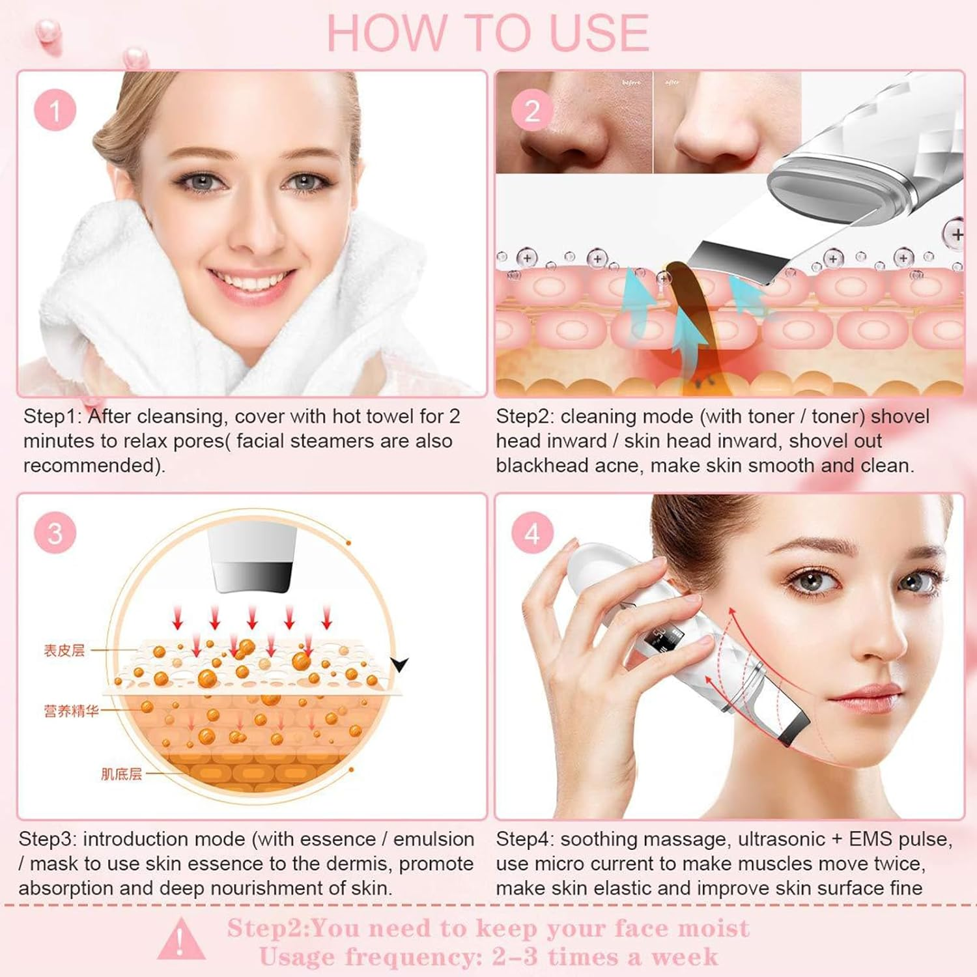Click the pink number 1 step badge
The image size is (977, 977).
(55, 110)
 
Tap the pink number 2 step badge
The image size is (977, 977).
(532, 110)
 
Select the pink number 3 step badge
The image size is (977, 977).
(55, 533)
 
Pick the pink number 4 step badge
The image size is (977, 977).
(532, 533)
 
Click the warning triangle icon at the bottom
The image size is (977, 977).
(180, 939)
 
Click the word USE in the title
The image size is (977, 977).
(599, 33)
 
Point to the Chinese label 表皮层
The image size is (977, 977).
(64, 650)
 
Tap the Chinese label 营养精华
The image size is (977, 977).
(71, 711)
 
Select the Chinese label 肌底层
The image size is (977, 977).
(121, 774)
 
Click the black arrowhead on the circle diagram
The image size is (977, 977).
(399, 665)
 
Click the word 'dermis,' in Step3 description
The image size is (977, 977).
(357, 864)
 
